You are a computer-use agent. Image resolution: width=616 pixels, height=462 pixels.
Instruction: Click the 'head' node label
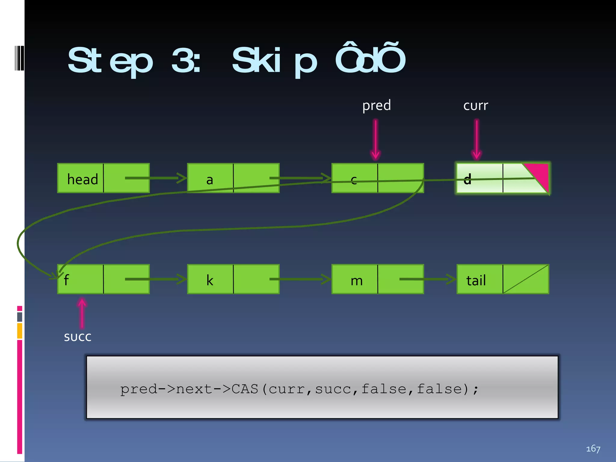point(82,179)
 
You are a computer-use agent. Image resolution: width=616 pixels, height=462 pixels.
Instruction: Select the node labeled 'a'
point(210,180)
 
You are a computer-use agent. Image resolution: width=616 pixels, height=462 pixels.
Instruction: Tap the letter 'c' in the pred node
point(354,180)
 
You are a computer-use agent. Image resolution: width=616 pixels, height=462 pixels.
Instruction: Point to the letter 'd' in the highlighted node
point(467,179)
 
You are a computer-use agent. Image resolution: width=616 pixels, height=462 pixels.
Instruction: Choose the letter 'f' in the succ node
point(66,280)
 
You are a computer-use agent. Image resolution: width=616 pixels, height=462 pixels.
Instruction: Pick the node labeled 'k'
point(210,280)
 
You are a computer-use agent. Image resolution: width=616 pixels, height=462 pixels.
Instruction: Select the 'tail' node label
point(476,280)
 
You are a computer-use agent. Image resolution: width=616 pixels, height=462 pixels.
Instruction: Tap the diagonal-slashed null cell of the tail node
point(526,279)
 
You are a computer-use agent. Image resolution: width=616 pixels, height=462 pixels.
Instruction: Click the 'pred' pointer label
point(377,106)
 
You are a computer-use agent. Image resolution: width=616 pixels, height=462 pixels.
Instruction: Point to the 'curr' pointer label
point(476,106)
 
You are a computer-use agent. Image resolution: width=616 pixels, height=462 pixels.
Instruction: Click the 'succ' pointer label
point(78,337)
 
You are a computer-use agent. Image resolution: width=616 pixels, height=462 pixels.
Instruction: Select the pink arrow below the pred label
point(376,139)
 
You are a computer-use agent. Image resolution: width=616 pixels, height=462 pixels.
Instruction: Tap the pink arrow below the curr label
point(477,139)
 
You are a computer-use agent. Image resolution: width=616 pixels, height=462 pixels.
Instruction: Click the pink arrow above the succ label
point(82,313)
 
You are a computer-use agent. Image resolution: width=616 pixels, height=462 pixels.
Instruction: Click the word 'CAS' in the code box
point(245,389)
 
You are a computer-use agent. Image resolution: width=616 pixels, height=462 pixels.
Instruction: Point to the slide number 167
point(593,449)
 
